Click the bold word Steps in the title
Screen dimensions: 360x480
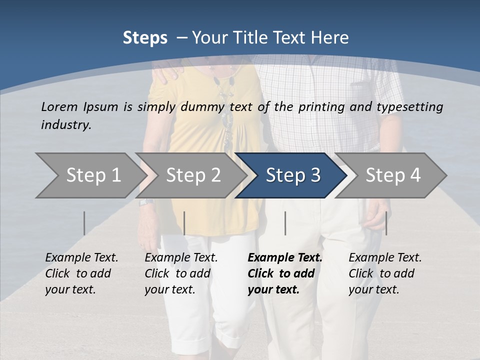pos(145,38)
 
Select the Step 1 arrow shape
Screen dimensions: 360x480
pos(90,175)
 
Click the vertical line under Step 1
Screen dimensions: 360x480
pos(84,223)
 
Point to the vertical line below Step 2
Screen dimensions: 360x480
pos(184,223)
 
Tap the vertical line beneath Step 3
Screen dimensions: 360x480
pos(285,223)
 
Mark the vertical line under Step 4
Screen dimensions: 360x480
pos(386,223)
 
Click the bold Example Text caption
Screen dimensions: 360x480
pos(285,273)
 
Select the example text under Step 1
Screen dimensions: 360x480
pos(81,273)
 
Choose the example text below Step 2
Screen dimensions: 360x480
pos(181,273)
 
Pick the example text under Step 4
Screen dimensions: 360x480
pos(385,273)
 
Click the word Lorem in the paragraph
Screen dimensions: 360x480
pos(59,106)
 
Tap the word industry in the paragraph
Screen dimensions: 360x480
pos(65,124)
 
